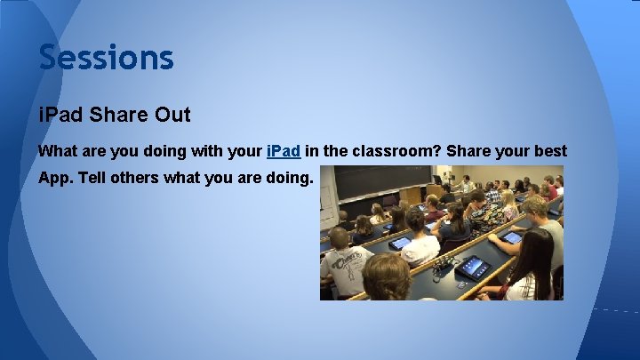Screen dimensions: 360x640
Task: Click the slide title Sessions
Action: [106, 58]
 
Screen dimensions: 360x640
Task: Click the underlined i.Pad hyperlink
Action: [283, 151]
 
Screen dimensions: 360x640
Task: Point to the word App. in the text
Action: [55, 178]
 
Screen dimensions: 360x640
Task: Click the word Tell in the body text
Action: [95, 178]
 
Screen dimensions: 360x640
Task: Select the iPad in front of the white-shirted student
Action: [401, 242]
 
